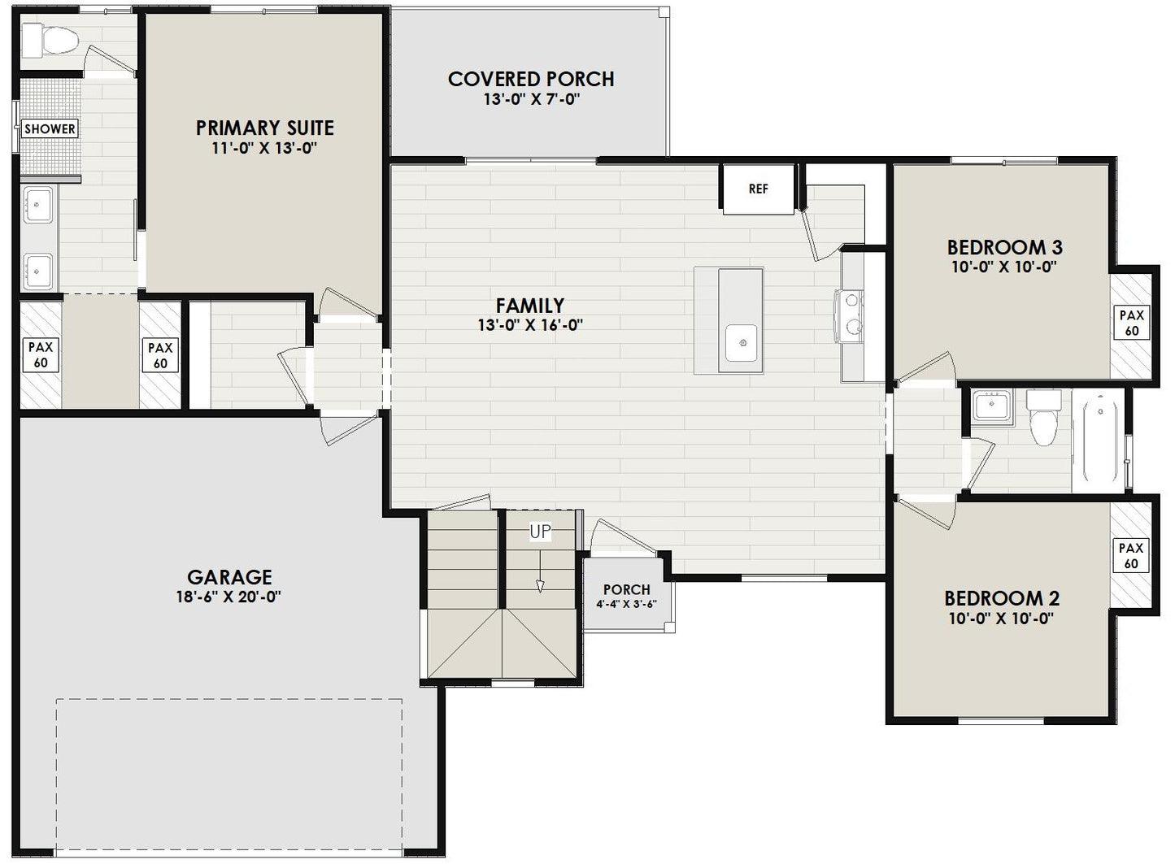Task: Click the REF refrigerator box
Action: point(758,189)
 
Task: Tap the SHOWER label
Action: point(50,128)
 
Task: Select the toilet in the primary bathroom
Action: point(50,38)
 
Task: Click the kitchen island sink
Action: point(742,342)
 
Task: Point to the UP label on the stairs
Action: point(540,532)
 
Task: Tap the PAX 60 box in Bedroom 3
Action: point(1131,323)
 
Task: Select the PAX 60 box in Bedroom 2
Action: point(1131,556)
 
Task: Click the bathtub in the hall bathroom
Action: point(1097,440)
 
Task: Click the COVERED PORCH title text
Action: point(531,79)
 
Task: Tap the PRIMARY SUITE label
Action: point(264,128)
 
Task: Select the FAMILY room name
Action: point(530,306)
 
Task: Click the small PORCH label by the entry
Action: point(626,589)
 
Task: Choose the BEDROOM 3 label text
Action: point(1004,247)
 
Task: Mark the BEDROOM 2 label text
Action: point(1002,598)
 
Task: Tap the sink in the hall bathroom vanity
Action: point(991,406)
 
